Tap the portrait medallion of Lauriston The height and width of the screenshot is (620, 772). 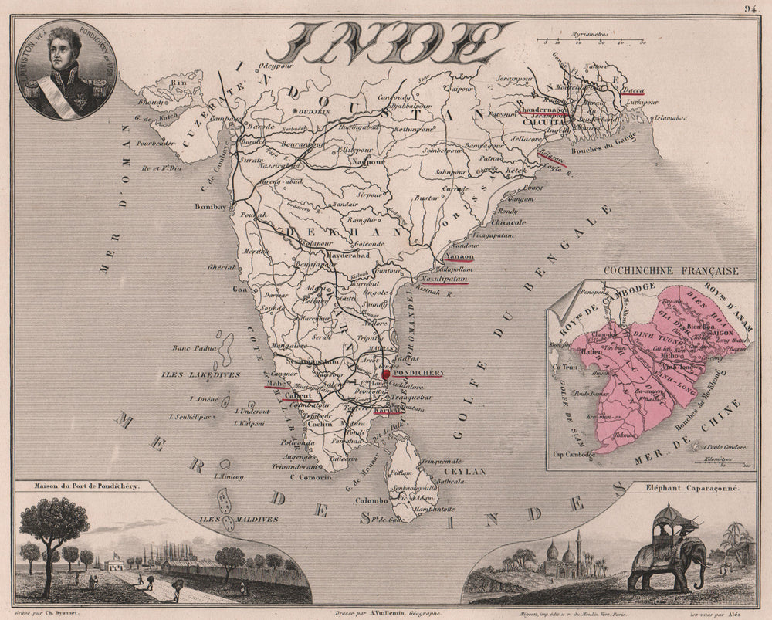click(66, 69)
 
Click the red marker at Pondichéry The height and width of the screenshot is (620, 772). click(386, 374)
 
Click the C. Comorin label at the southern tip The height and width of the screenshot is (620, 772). click(310, 477)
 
